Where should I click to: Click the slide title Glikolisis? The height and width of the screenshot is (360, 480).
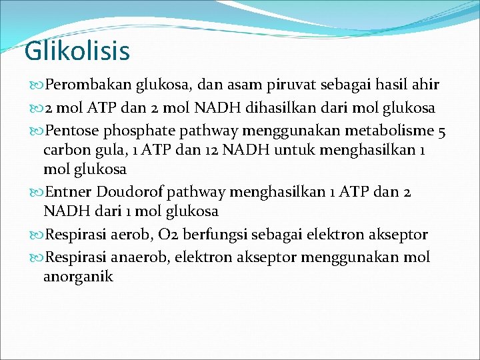point(77,51)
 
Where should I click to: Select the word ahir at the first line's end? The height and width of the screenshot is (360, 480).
point(425,85)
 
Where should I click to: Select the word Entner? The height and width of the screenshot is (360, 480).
point(69,192)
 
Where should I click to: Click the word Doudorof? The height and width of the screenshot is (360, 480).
point(130,192)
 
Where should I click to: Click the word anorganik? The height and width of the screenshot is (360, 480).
point(78,277)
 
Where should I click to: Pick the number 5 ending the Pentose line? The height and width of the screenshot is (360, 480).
point(442,129)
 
